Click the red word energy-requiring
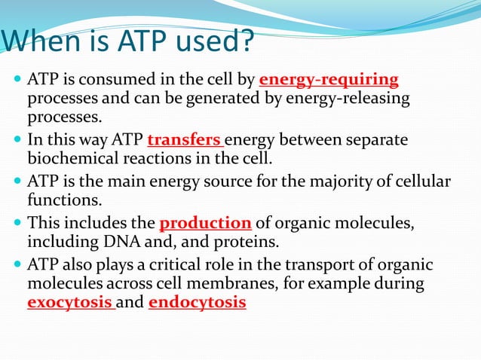tap(329, 80)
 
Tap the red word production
tap(205, 223)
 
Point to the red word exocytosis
tap(70, 303)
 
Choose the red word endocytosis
tap(198, 303)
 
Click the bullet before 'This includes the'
tap(17, 224)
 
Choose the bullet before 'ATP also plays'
tap(17, 265)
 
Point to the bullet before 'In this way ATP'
tap(17, 141)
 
